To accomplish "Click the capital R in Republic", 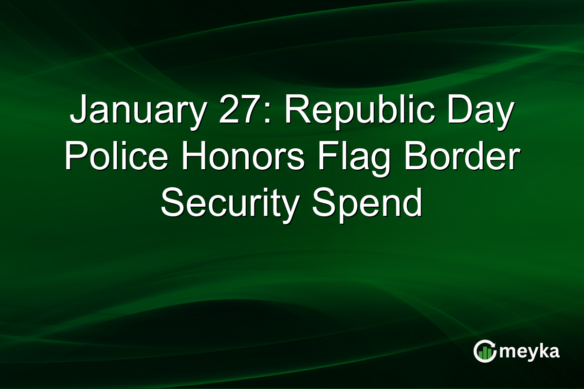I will [296, 111].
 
